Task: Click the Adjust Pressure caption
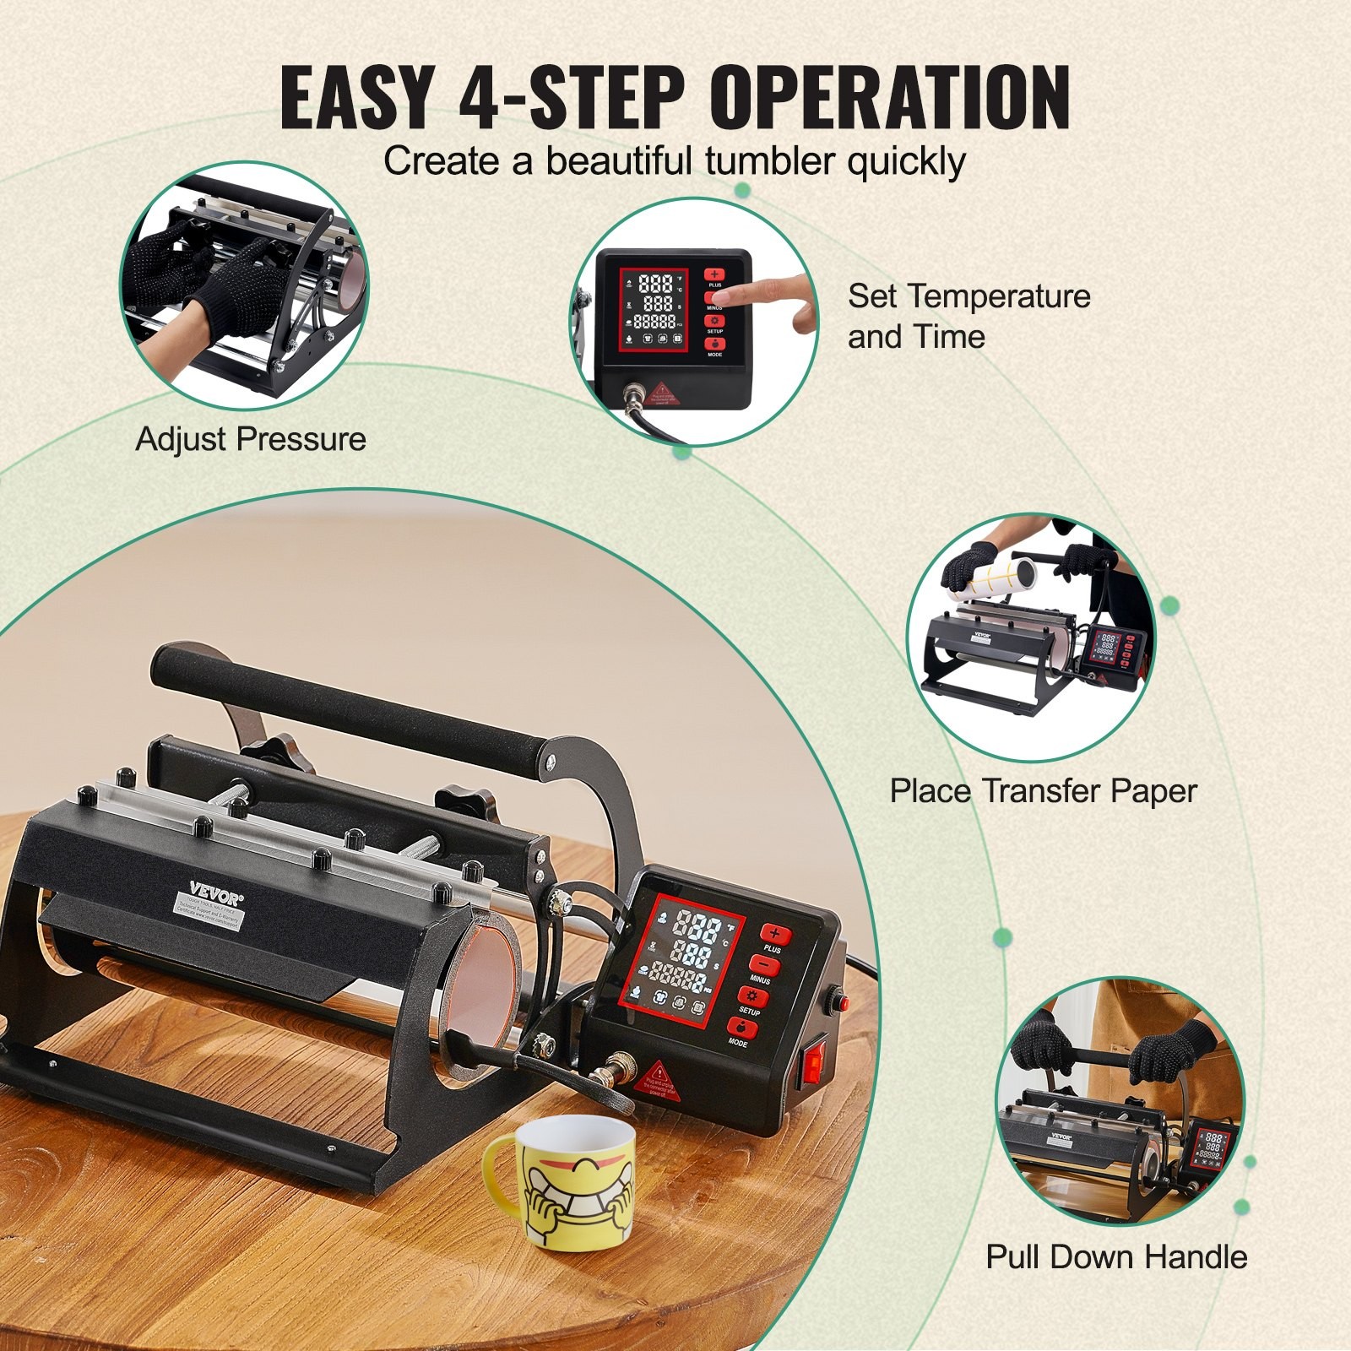[251, 439]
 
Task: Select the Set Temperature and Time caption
[968, 316]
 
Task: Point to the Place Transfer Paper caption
[1043, 790]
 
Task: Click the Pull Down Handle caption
[1116, 1256]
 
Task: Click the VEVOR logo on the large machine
[215, 894]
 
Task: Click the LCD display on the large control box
[677, 967]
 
